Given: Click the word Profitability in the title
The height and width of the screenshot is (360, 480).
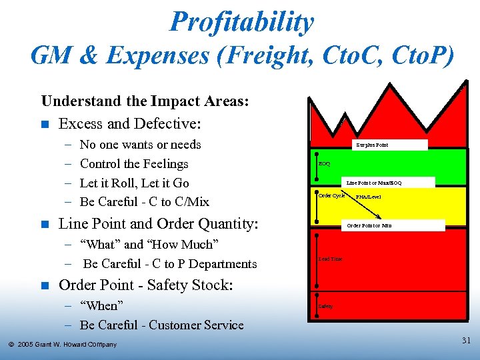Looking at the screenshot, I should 241,21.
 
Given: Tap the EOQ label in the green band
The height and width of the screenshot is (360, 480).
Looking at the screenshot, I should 325,163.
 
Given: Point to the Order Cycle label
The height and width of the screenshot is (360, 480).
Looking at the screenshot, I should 331,196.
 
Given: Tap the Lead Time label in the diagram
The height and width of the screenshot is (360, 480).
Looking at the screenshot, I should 331,259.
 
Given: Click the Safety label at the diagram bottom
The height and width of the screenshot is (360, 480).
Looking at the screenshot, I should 325,307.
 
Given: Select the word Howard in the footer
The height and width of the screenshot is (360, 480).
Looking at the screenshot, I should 73,345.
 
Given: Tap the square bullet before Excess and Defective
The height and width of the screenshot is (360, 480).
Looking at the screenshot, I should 45,124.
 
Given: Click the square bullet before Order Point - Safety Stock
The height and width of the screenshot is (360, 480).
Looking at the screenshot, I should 45,286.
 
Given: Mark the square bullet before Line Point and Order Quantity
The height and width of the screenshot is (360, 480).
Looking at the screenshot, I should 45,225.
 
